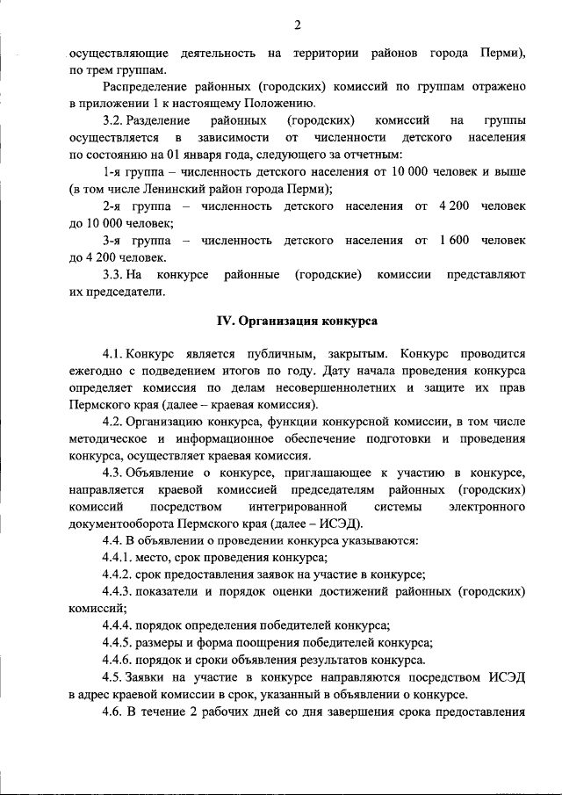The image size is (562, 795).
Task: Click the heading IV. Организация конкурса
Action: pos(298,322)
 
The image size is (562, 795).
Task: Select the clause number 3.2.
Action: pos(118,119)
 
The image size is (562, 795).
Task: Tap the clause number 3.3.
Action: pos(118,274)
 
